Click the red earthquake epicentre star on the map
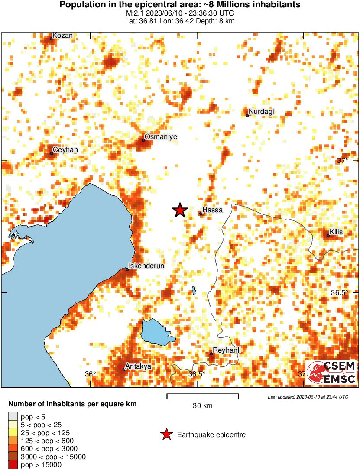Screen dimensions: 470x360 tap(180, 211)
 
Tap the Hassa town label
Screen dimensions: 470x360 tap(213, 210)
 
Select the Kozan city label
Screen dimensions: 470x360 tap(62, 36)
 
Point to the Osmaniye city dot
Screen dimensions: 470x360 tap(143, 140)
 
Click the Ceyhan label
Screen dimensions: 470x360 tap(65, 150)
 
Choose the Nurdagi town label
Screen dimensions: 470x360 tap(262, 112)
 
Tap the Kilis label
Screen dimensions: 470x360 tap(336, 232)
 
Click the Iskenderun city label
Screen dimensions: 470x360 tap(147, 266)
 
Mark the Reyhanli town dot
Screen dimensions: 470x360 tap(211, 354)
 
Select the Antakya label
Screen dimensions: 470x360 tap(138, 366)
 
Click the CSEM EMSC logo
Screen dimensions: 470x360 tap(331, 372)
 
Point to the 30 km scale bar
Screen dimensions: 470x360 tap(203, 395)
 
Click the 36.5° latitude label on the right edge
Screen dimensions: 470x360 tap(340, 292)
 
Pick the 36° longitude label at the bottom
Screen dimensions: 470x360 tap(90, 374)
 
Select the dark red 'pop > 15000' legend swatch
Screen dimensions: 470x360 tap(13, 465)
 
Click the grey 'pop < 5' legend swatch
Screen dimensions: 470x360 tap(13, 417)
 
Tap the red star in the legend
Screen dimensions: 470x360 tap(166, 434)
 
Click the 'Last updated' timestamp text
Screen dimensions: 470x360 tap(308, 397)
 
